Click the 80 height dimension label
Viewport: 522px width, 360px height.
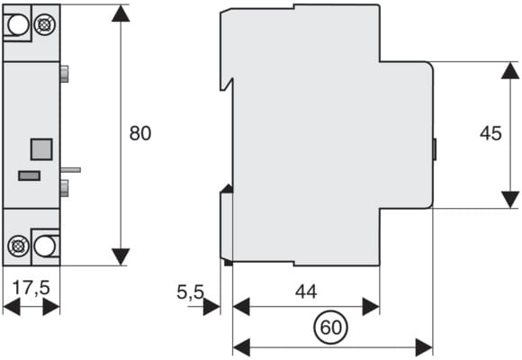140,133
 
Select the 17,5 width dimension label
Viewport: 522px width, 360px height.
31,287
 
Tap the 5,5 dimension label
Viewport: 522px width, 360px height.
190,292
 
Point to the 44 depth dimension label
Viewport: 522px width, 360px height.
306,292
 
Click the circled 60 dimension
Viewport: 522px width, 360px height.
330,328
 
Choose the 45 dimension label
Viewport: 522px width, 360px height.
490,133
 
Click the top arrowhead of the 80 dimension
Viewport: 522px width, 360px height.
121,13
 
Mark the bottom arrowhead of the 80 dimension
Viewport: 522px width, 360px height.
121,256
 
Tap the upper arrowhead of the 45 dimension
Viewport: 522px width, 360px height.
510,70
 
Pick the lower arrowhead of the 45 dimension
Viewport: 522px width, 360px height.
510,200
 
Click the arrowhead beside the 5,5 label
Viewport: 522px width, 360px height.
211,307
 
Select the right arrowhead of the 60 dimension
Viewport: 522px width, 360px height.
424,347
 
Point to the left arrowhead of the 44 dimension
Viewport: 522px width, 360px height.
241,307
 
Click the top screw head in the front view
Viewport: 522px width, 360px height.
45,24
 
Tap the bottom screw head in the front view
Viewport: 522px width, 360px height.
18,246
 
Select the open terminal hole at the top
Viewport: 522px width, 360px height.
18,24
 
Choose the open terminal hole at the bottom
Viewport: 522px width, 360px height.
45,246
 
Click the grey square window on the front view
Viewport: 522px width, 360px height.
41,149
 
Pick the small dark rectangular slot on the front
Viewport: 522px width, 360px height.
30,175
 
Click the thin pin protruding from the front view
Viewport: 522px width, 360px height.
70,170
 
